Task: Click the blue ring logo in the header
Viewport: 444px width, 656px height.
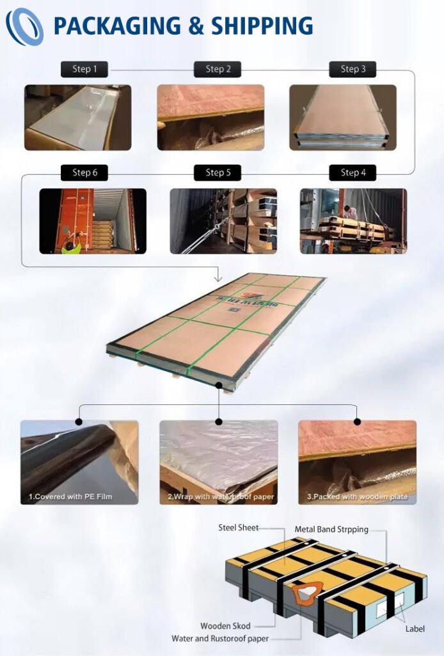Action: point(24,26)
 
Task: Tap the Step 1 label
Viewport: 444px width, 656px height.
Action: point(84,69)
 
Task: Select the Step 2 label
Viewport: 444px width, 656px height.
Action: point(218,69)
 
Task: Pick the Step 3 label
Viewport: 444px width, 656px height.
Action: point(353,69)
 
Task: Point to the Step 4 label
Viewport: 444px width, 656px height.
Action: point(353,172)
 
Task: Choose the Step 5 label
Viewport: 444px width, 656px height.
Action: point(218,172)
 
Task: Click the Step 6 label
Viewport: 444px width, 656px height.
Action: point(84,172)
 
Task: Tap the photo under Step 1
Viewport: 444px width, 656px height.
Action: point(77,117)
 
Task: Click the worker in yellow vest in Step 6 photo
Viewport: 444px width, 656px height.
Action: point(71,244)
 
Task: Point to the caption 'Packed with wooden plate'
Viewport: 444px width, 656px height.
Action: point(357,496)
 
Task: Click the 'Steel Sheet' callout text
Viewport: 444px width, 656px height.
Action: point(239,527)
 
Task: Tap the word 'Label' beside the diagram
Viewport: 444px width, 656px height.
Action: point(415,628)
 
